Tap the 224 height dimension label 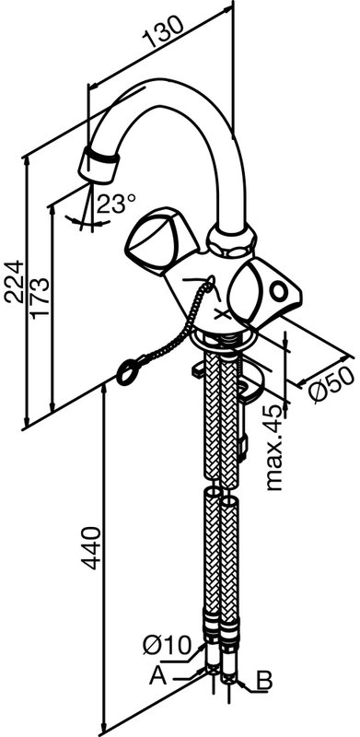14,281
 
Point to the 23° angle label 116,204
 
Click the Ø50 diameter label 332,384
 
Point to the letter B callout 265,680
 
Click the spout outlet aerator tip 99,166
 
